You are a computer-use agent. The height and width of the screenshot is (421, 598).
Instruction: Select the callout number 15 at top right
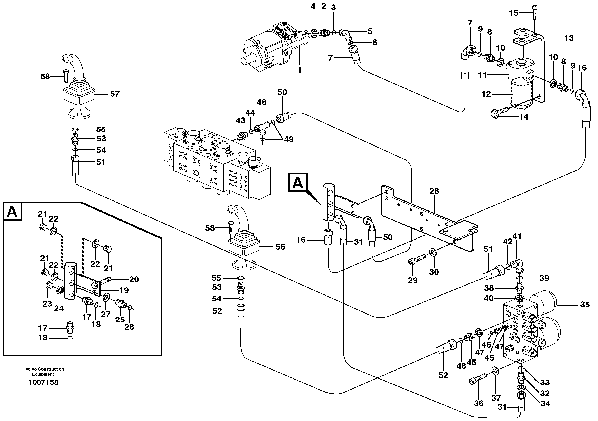pos(514,13)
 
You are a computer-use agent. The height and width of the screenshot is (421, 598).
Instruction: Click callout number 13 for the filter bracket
pos(569,38)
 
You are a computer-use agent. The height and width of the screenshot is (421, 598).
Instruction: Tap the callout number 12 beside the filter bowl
pos(486,94)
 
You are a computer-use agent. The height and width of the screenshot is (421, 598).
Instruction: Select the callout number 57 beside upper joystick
pos(114,94)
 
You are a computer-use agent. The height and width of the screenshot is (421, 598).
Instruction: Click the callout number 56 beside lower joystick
pos(280,247)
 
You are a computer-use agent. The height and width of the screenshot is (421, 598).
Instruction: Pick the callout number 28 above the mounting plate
pos(434,191)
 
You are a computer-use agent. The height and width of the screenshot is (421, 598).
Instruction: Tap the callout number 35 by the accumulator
pos(585,305)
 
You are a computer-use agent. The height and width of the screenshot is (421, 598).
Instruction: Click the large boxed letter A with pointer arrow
pos(298,182)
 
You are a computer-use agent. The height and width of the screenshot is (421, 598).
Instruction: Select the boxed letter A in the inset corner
pos(12,212)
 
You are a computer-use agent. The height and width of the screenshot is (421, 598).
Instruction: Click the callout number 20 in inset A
pos(134,279)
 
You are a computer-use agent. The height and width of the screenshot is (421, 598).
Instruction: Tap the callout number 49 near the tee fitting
pos(289,139)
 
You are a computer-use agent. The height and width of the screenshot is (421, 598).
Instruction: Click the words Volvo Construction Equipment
pos(45,372)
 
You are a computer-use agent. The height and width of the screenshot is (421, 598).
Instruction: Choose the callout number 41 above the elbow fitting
pos(517,236)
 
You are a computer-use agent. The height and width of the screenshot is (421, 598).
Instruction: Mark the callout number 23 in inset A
pos(47,303)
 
